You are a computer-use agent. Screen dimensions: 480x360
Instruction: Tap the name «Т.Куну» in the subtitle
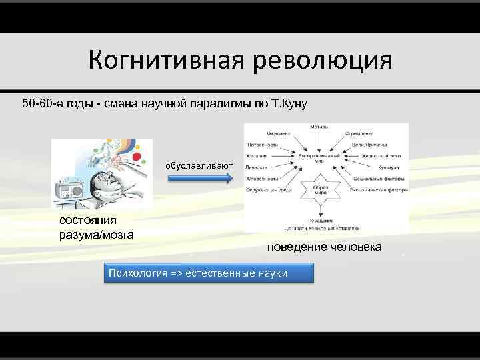click(287, 105)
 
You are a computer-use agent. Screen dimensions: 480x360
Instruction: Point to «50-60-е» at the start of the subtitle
click(42, 105)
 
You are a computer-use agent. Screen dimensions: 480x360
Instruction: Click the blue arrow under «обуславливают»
click(198, 178)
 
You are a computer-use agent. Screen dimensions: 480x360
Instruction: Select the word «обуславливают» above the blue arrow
click(199, 165)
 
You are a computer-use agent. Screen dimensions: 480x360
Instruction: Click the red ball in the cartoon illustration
click(138, 158)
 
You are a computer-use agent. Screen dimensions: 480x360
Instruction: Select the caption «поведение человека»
click(325, 247)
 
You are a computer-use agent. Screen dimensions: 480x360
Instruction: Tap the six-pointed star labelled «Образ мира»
click(319, 191)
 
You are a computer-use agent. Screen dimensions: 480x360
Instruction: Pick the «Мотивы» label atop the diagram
click(319, 125)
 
